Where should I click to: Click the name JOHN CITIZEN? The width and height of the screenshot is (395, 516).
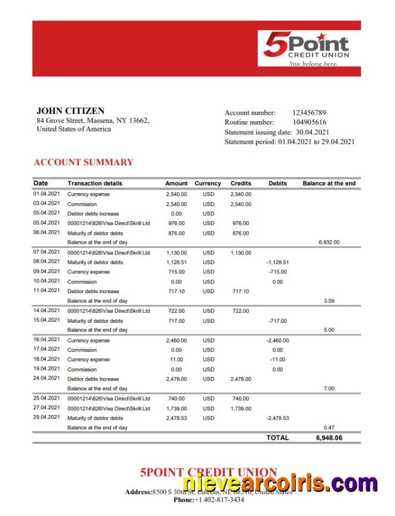pos(70,111)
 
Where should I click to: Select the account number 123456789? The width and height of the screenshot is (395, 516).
pos(309,112)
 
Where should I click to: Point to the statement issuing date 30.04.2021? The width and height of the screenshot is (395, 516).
pos(312,132)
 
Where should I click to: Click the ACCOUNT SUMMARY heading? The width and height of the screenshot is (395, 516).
pos(84,162)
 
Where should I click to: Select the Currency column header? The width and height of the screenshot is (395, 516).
pos(207,184)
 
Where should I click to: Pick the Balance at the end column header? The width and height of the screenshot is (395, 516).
pos(329,184)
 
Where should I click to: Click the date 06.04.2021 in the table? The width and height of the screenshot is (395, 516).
pos(46,232)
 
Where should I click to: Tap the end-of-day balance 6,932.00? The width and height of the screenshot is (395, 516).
pos(328,243)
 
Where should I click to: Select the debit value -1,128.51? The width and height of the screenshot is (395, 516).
pos(277,262)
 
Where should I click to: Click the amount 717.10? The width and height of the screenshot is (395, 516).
pos(176,291)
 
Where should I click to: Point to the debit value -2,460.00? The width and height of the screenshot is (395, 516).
pos(277,341)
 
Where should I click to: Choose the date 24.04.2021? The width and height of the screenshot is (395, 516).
pos(46,378)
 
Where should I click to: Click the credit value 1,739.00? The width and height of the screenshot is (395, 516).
pos(241,408)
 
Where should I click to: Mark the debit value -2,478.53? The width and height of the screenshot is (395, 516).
pos(277,418)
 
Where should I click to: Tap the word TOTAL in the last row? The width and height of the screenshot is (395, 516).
pos(277,438)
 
